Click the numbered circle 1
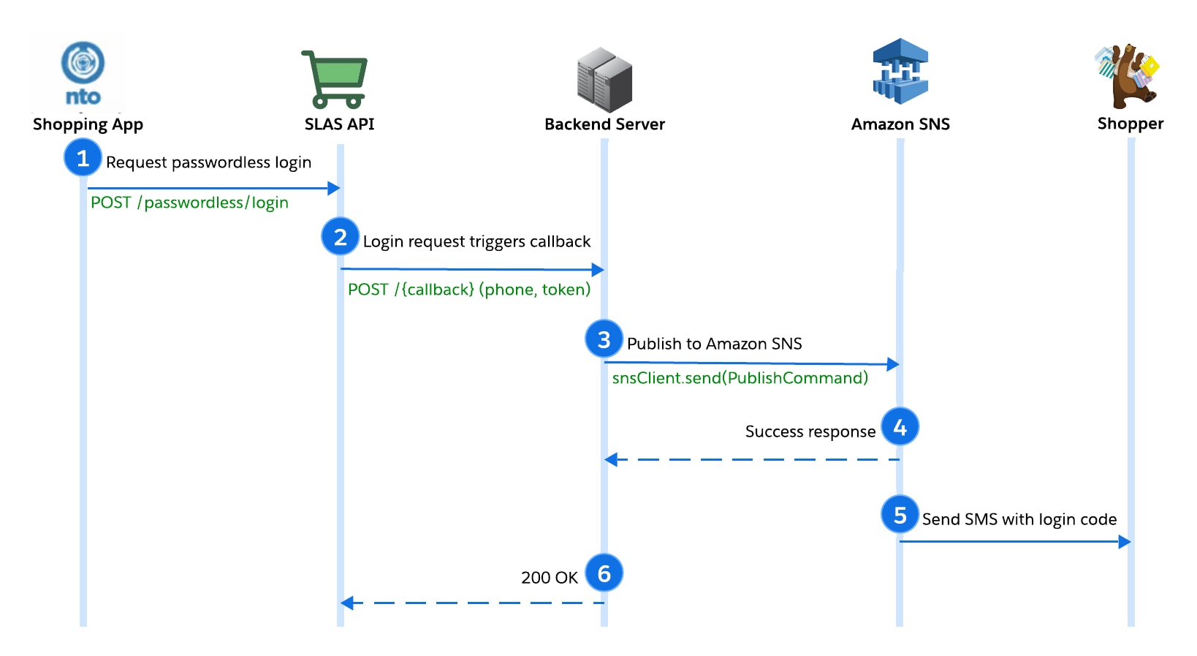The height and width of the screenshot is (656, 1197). pos(83,157)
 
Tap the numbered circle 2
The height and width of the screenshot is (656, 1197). pos(340,236)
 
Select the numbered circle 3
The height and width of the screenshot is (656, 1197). pos(604,339)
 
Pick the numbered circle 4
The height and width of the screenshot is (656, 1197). pos(900,426)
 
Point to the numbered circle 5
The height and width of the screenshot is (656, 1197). pos(900,515)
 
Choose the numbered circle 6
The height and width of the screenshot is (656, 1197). pos(604,573)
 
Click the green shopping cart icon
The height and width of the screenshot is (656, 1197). pos(335,79)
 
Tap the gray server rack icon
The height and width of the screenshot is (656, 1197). pos(604,79)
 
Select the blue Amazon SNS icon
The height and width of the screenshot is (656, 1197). pos(900,72)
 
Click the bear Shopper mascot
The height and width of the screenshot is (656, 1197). pos(1128,76)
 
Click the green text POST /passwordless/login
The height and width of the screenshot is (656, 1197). pos(189,203)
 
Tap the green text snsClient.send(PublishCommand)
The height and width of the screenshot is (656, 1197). pos(740,378)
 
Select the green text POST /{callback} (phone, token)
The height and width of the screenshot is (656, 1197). pos(468,290)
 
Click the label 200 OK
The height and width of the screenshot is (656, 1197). pos(549,578)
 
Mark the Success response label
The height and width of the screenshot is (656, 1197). pos(810,431)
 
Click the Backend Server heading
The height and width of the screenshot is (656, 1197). pos(604,124)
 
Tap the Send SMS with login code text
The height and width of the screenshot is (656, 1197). pos(1019,519)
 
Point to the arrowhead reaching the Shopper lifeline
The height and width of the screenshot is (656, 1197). pos(1125,541)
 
